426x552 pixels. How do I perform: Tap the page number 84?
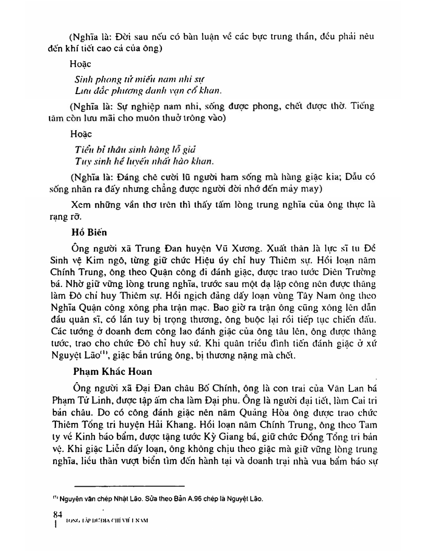(x=51, y=514)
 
